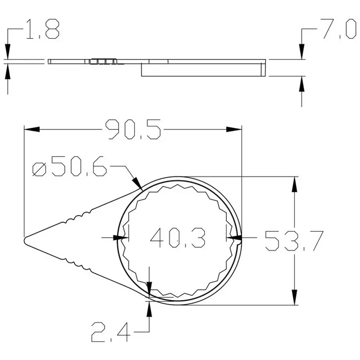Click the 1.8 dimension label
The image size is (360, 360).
point(42,29)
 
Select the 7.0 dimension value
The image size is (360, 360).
point(338,29)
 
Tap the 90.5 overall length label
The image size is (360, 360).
point(133,129)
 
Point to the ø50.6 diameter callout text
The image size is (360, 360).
point(70,166)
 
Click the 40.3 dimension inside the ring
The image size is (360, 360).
point(178,238)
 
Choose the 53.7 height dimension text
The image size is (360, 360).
point(294,241)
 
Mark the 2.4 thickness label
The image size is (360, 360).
point(111,332)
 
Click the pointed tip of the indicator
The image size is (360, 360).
point(24,241)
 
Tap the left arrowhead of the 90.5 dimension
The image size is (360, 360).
point(32,129)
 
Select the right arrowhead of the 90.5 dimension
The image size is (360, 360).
point(234,129)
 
